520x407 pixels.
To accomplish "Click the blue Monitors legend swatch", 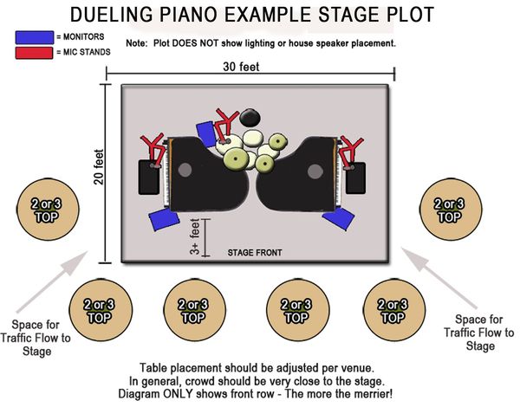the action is [x=35, y=37].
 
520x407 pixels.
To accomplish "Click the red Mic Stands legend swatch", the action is [x=34, y=53].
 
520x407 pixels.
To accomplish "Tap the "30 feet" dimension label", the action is [x=241, y=67].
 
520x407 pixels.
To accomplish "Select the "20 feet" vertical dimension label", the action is [x=99, y=167].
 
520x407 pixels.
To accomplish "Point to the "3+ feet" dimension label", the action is [x=195, y=236].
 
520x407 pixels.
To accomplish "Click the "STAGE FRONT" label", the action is [x=255, y=253].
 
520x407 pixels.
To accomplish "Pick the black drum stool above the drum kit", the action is [x=250, y=118].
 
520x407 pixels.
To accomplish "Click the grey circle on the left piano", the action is [x=185, y=170].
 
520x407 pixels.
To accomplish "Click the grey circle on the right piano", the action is [x=315, y=171].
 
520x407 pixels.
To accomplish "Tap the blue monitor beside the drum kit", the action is [x=206, y=133].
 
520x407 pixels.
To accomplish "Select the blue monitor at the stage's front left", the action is [x=164, y=220].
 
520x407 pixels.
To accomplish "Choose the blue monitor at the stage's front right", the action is [x=339, y=218].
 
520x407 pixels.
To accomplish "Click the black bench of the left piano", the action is [x=148, y=178].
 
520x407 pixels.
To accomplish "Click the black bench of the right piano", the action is [x=355, y=178].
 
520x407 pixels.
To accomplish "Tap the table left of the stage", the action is [x=48, y=210].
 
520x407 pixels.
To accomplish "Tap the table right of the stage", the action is [x=451, y=210].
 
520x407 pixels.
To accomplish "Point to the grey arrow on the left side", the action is [x=52, y=281].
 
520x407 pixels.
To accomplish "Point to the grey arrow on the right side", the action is [x=439, y=278].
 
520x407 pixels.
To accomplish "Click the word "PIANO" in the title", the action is [x=194, y=15].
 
